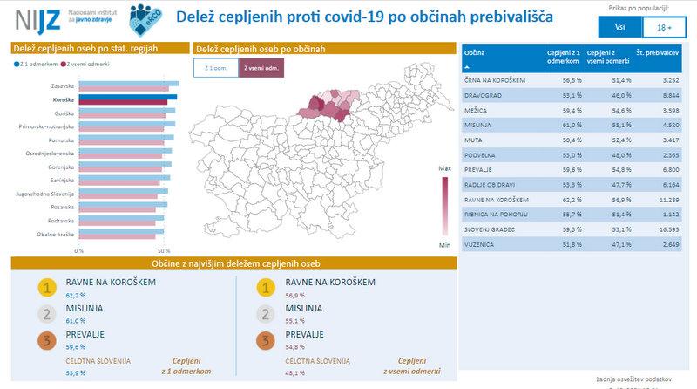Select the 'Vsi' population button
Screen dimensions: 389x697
(618, 27)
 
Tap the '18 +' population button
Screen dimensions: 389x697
(663, 27)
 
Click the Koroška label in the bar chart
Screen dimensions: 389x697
(61, 100)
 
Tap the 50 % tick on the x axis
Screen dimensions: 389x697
(162, 249)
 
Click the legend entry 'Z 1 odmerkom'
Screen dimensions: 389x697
(36, 63)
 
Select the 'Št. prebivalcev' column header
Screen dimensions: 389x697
(658, 55)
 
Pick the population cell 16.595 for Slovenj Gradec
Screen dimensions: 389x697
(667, 229)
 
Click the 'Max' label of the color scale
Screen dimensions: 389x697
(445, 165)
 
